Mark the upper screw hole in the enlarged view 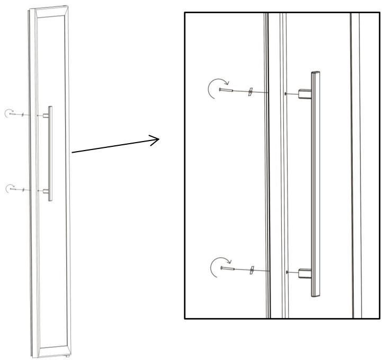[x=286, y=94]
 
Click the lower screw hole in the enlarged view [x=286, y=272]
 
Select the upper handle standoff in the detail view [x=305, y=94]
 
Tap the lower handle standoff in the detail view [x=305, y=273]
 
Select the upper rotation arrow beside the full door [x=8, y=112]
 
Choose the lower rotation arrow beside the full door [x=8, y=187]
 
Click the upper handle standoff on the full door [x=46, y=115]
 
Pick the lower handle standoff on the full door [x=46, y=189]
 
